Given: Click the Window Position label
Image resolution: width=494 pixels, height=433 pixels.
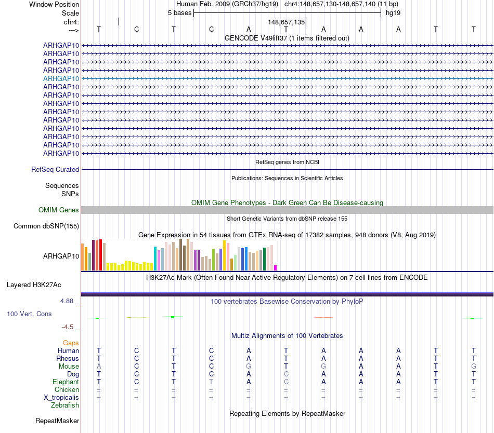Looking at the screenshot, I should pyautogui.click(x=54, y=4).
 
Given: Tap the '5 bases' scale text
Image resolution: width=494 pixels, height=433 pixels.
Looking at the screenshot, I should pyautogui.click(x=179, y=12).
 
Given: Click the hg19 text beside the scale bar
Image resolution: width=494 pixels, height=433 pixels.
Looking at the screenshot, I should pyautogui.click(x=393, y=12).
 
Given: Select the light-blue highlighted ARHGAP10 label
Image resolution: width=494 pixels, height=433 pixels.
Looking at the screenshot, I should pyautogui.click(x=61, y=78).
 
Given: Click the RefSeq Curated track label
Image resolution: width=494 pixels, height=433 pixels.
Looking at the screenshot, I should pyautogui.click(x=55, y=169).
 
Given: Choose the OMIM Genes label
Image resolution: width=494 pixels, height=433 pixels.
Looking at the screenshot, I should pyautogui.click(x=59, y=210).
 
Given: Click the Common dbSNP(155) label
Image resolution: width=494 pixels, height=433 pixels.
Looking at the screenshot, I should pyautogui.click(x=46, y=226).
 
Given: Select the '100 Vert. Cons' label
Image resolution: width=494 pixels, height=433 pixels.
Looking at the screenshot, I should pyautogui.click(x=29, y=314).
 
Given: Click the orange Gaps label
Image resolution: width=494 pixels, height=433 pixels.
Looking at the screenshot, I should pyautogui.click(x=71, y=343).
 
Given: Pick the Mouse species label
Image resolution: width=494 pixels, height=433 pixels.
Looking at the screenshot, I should pyautogui.click(x=69, y=366).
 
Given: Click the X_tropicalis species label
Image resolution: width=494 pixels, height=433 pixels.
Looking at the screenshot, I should pyautogui.click(x=61, y=397).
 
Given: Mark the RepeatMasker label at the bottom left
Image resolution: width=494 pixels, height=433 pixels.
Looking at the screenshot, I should pyautogui.click(x=57, y=421).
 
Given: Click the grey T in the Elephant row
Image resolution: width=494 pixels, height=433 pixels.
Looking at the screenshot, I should pyautogui.click(x=211, y=382).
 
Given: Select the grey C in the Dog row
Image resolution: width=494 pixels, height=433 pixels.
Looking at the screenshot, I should pyautogui.click(x=286, y=374).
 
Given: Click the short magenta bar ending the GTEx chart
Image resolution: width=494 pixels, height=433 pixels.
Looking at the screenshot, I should pyautogui.click(x=275, y=267).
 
